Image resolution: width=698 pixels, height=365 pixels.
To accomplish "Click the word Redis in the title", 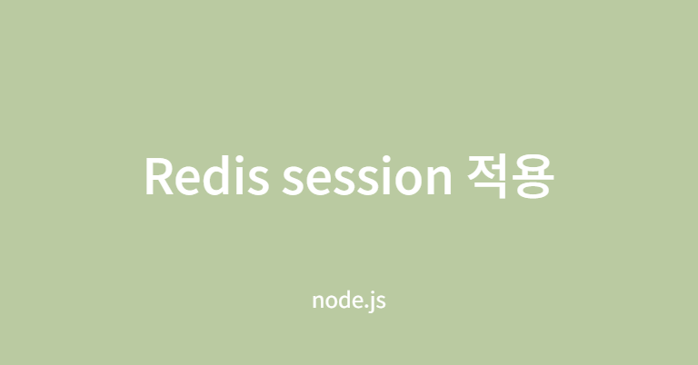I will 205,176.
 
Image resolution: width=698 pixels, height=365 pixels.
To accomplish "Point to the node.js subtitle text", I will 349,300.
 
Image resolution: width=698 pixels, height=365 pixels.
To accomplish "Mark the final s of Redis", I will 258,179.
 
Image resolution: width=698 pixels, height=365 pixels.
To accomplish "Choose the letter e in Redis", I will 190,179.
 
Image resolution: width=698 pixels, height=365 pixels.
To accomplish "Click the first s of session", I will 293,179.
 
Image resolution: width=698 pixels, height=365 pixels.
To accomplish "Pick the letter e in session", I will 315,179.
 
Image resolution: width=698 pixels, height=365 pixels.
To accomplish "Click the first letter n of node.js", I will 317,301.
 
